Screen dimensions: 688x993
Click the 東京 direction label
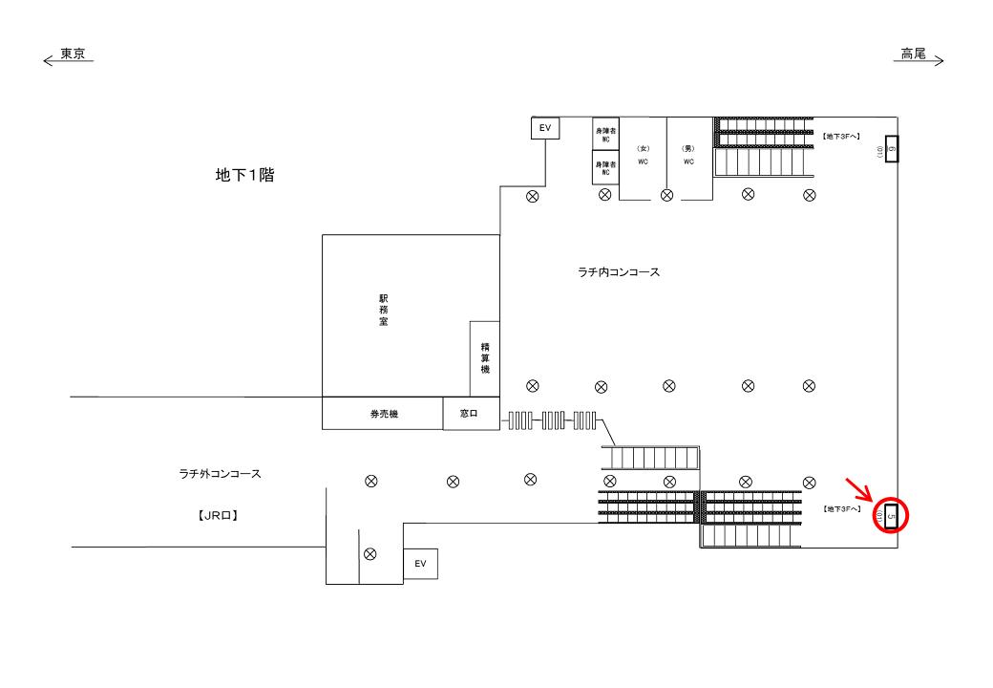point(74,54)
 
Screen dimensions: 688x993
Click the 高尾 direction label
point(914,54)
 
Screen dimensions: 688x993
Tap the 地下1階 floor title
point(245,176)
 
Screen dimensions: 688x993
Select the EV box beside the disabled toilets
point(545,128)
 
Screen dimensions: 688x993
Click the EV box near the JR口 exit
point(420,564)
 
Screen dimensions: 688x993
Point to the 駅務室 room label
point(383,311)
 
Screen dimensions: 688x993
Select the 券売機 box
point(383,414)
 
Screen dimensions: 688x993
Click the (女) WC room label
point(643,155)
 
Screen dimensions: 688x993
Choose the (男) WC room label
point(688,155)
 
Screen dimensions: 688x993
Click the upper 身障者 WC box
point(605,135)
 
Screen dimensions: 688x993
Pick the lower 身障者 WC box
point(605,167)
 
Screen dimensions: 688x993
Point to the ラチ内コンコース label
point(619,272)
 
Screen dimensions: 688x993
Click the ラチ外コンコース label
point(220,473)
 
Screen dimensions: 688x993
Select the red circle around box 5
point(891,516)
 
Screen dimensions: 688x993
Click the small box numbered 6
point(891,149)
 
